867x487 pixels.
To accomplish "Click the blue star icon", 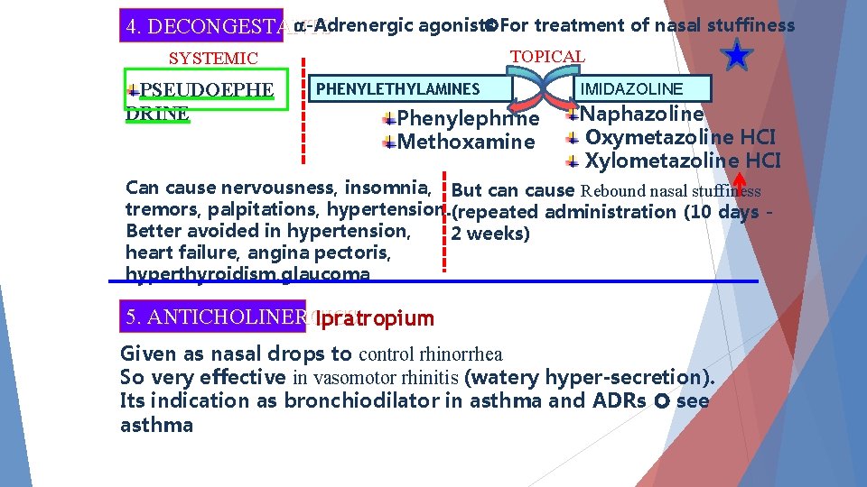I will tap(738, 57).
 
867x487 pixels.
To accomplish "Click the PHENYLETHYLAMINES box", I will tap(398, 88).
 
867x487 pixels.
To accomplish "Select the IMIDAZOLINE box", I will tap(643, 88).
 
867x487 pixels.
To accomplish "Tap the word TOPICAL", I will tap(547, 56).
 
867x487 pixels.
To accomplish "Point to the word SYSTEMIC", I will tap(214, 59).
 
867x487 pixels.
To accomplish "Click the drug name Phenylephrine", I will tap(468, 118).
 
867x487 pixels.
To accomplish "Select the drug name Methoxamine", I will tap(466, 142).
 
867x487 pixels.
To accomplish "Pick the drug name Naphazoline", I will tap(641, 114).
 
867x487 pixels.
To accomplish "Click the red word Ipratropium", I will tap(375, 318).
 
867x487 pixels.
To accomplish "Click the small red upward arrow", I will tap(739, 180).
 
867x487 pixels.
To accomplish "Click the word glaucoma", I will tap(329, 274).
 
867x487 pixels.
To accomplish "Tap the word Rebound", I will tap(614, 190).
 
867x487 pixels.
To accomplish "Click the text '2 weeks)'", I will tap(490, 234).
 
